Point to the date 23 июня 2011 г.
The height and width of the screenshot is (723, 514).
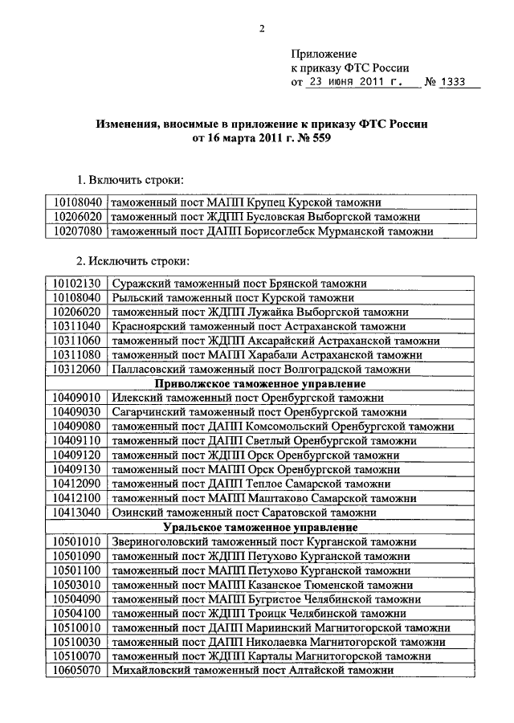tap(353, 83)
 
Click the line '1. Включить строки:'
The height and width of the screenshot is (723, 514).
tap(129, 178)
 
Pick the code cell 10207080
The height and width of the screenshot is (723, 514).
tap(77, 231)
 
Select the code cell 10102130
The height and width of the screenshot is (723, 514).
tap(77, 283)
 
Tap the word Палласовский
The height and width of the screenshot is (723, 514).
tap(148, 370)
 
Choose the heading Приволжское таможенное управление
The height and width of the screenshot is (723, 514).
tap(260, 384)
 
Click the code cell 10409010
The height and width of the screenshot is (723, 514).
tap(77, 398)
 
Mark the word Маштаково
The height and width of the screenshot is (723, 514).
tap(277, 499)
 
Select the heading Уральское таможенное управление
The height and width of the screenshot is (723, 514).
tap(260, 528)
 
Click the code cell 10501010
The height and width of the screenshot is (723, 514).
tap(77, 542)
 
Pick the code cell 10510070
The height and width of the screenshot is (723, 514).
tap(77, 656)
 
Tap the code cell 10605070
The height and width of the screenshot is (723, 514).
tap(77, 671)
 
